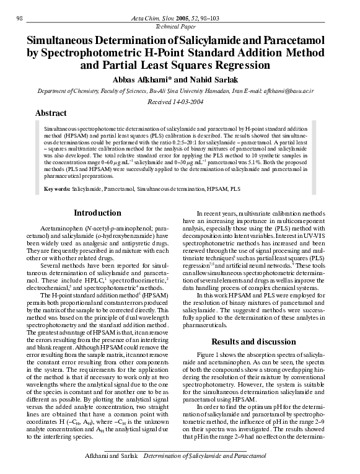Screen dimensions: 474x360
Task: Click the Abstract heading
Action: point(51,114)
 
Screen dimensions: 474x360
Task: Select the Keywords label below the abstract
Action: point(56,188)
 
